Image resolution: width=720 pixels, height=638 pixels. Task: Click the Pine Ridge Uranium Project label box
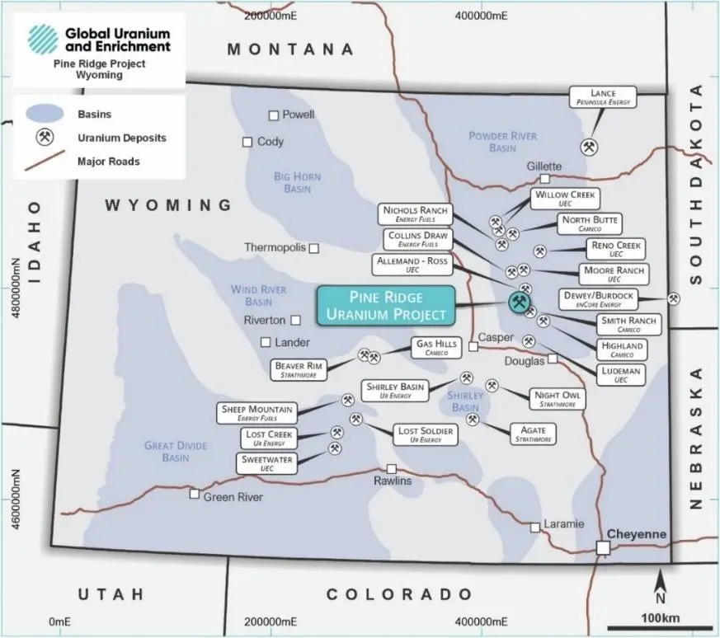tap(386, 305)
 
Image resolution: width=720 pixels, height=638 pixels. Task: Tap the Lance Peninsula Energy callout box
tap(603, 97)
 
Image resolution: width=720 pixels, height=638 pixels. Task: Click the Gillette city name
tap(544, 166)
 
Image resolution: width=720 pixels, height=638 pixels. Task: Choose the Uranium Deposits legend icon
tap(45, 138)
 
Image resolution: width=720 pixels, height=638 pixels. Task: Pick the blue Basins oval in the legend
tap(45, 114)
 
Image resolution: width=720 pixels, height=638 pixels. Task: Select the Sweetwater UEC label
tap(266, 463)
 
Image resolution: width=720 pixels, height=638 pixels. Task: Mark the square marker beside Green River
tap(195, 495)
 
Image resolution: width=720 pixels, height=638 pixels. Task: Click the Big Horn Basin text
tap(297, 182)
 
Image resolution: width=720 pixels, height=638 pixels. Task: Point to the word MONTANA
tap(290, 49)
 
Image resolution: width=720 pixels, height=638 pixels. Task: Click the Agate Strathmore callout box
tap(533, 434)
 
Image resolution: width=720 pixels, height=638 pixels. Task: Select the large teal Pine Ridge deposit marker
tap(519, 303)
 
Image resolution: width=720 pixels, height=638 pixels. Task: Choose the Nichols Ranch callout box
tap(415, 214)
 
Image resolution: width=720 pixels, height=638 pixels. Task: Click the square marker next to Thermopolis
tap(313, 247)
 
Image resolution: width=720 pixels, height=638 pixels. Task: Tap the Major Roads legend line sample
tap(45, 162)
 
